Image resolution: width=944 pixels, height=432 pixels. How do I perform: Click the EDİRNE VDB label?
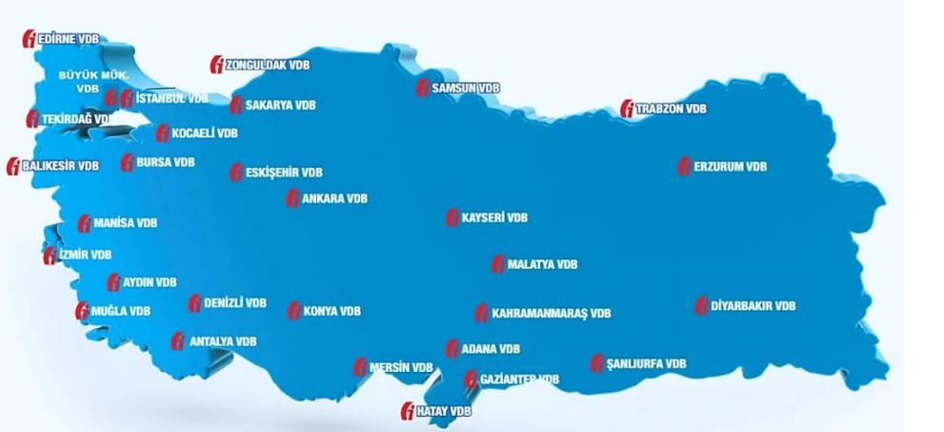[x=69, y=38]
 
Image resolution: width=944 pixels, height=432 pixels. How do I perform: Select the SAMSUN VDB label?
[x=465, y=88]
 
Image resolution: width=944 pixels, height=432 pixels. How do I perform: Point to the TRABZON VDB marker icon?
[x=627, y=110]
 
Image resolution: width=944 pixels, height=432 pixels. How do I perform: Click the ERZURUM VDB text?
[x=730, y=167]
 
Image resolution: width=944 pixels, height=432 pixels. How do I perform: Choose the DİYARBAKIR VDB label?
[x=752, y=306]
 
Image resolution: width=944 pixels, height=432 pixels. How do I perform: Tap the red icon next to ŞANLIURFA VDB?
[x=597, y=363]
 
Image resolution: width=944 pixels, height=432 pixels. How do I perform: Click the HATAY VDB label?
[x=444, y=411]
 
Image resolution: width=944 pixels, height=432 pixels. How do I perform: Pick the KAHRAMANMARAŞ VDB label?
[x=551, y=313]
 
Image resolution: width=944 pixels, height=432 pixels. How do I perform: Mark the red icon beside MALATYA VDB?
[x=497, y=265]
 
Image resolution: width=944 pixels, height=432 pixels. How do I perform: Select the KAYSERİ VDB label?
[x=493, y=217]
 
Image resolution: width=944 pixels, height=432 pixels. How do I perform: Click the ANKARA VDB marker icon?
[x=293, y=199]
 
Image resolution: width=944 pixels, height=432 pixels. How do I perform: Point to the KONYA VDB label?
[x=331, y=312]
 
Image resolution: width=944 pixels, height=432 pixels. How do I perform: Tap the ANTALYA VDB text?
[x=222, y=340]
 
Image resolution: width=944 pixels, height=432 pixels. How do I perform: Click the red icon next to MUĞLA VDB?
[x=82, y=311]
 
